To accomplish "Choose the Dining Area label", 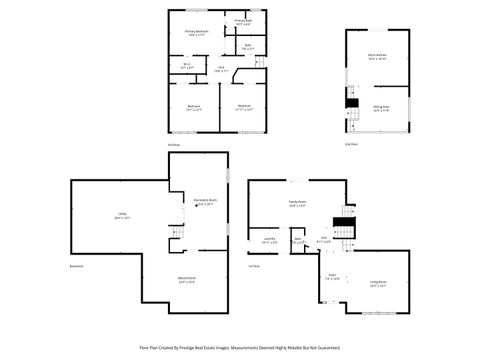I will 381,106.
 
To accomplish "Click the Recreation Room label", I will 206,201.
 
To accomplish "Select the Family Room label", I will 297,202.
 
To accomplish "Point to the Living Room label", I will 377,285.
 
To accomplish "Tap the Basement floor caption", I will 76,266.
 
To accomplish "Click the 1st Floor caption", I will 254,266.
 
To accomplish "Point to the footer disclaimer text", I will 240,348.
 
